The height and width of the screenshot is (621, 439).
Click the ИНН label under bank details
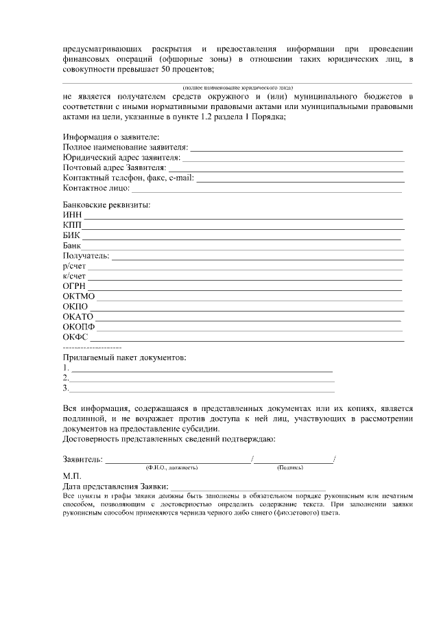tap(72, 215)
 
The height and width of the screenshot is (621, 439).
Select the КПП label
tap(72, 225)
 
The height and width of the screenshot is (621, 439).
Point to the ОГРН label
tap(74, 285)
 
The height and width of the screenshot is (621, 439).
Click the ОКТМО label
tap(78, 296)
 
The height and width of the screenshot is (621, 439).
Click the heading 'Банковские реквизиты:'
tap(106, 204)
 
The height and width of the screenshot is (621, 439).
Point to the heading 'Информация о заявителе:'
tap(110, 137)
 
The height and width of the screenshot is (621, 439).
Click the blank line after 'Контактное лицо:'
tap(268, 189)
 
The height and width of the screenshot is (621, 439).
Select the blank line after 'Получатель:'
tap(257, 257)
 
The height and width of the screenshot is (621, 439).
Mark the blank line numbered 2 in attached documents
tap(202, 379)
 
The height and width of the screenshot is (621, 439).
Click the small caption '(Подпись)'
tap(290, 467)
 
